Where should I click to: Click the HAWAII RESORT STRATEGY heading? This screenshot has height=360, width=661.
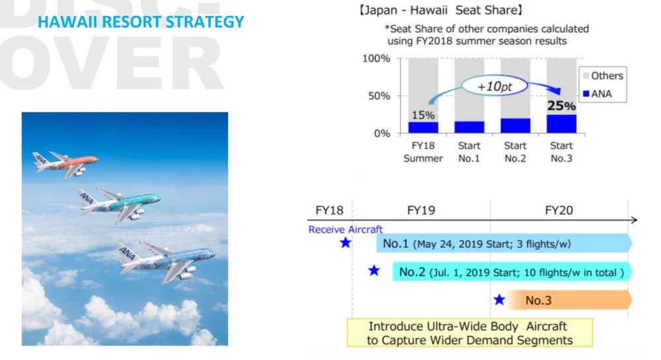[x=141, y=22]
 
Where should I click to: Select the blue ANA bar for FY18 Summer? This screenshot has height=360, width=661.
[x=423, y=127]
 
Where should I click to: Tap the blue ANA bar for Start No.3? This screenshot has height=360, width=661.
[x=561, y=124]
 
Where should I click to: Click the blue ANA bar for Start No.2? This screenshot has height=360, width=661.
[x=515, y=126]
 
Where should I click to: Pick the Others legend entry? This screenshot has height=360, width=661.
[x=602, y=75]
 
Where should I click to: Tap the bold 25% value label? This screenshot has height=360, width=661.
[x=561, y=106]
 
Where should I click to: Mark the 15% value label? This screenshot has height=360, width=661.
[x=423, y=115]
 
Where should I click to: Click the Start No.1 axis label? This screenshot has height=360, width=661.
[x=469, y=152]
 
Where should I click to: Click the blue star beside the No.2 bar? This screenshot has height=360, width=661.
[x=374, y=270]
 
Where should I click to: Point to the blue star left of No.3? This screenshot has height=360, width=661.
[x=499, y=300]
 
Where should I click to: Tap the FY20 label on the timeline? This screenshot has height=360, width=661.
[x=559, y=211]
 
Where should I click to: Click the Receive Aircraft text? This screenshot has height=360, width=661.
[x=346, y=229]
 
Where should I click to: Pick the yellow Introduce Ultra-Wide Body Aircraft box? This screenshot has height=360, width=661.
[x=469, y=333]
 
